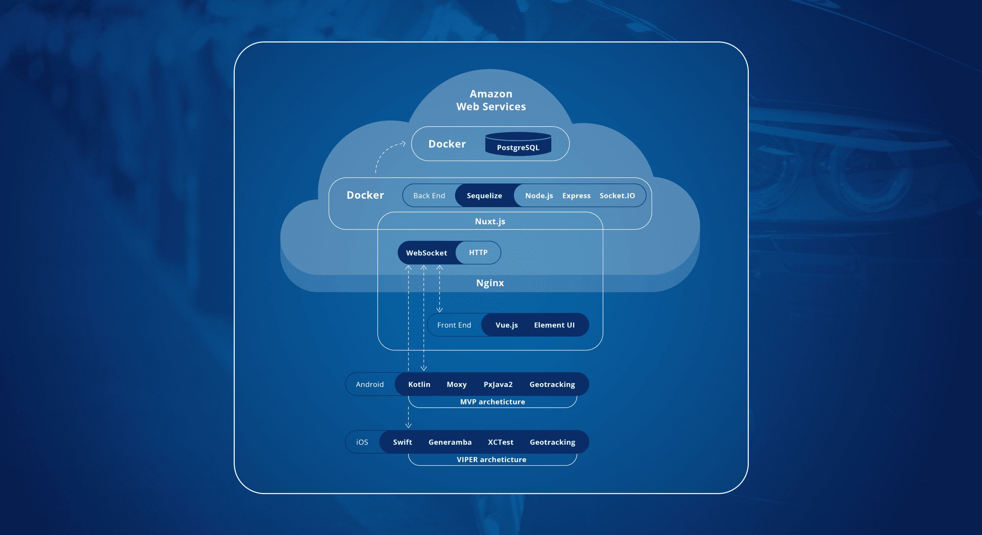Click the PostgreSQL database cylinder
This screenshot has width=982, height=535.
point(518,145)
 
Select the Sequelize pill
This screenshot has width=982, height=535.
point(484,196)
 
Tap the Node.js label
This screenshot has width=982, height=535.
point(539,196)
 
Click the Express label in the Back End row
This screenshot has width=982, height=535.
point(576,196)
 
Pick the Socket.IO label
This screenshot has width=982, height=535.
point(617,196)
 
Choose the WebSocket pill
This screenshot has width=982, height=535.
point(426,253)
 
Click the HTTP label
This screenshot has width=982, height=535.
point(478,252)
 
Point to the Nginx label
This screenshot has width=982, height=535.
point(490,283)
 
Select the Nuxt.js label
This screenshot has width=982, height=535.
point(490,221)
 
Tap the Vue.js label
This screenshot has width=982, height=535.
point(506,325)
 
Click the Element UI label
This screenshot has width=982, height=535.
point(554,325)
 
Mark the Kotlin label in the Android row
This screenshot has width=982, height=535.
point(419,384)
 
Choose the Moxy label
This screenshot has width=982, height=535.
point(456,384)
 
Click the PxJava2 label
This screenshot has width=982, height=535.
point(498,384)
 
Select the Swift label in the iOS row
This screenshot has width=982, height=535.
point(402,442)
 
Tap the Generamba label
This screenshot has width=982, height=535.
point(450,442)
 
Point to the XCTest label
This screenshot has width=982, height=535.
point(501,442)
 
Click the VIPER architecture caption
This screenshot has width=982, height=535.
point(491,459)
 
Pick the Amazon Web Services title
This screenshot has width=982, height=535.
point(491,100)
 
